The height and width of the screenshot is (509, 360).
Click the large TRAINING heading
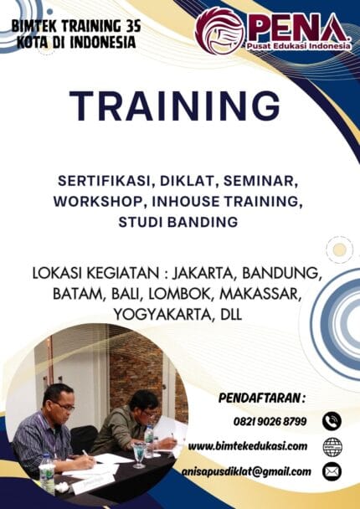(x=175, y=106)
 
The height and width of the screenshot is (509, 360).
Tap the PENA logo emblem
(x=219, y=31)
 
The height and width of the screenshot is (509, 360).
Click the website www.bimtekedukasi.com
(x=247, y=445)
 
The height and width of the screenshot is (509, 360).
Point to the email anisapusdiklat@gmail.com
(x=246, y=471)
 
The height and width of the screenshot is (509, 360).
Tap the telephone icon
(x=332, y=421)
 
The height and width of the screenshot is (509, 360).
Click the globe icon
(x=332, y=446)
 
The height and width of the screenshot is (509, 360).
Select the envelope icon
(x=332, y=471)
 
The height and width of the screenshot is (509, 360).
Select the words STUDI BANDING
(x=178, y=222)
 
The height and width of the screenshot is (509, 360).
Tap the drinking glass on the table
(x=138, y=453)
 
